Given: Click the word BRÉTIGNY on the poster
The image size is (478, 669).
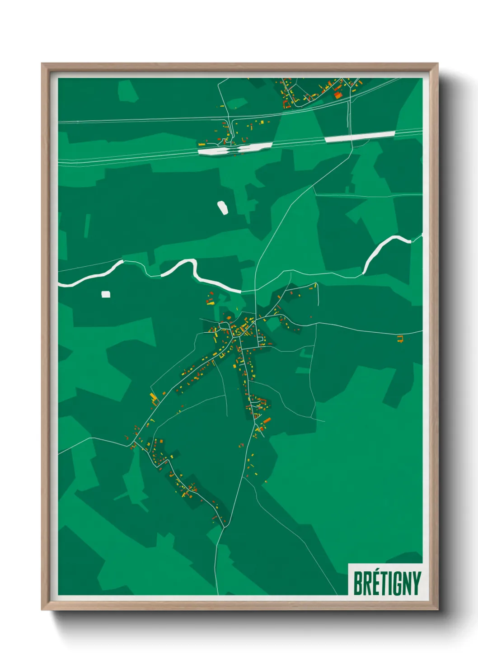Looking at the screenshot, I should (387, 583).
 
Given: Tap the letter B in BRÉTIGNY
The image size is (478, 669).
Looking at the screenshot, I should (357, 583).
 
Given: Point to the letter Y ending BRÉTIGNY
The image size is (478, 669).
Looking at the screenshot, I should (416, 583).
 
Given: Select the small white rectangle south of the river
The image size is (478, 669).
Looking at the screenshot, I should (106, 294).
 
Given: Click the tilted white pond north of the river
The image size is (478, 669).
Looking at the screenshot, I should (223, 207).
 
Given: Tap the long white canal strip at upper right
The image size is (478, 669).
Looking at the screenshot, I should (360, 137).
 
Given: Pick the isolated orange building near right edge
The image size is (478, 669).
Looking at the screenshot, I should (400, 338).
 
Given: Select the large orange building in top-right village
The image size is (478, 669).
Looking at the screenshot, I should (337, 95).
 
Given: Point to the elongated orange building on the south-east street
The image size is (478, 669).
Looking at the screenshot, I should (267, 420).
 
